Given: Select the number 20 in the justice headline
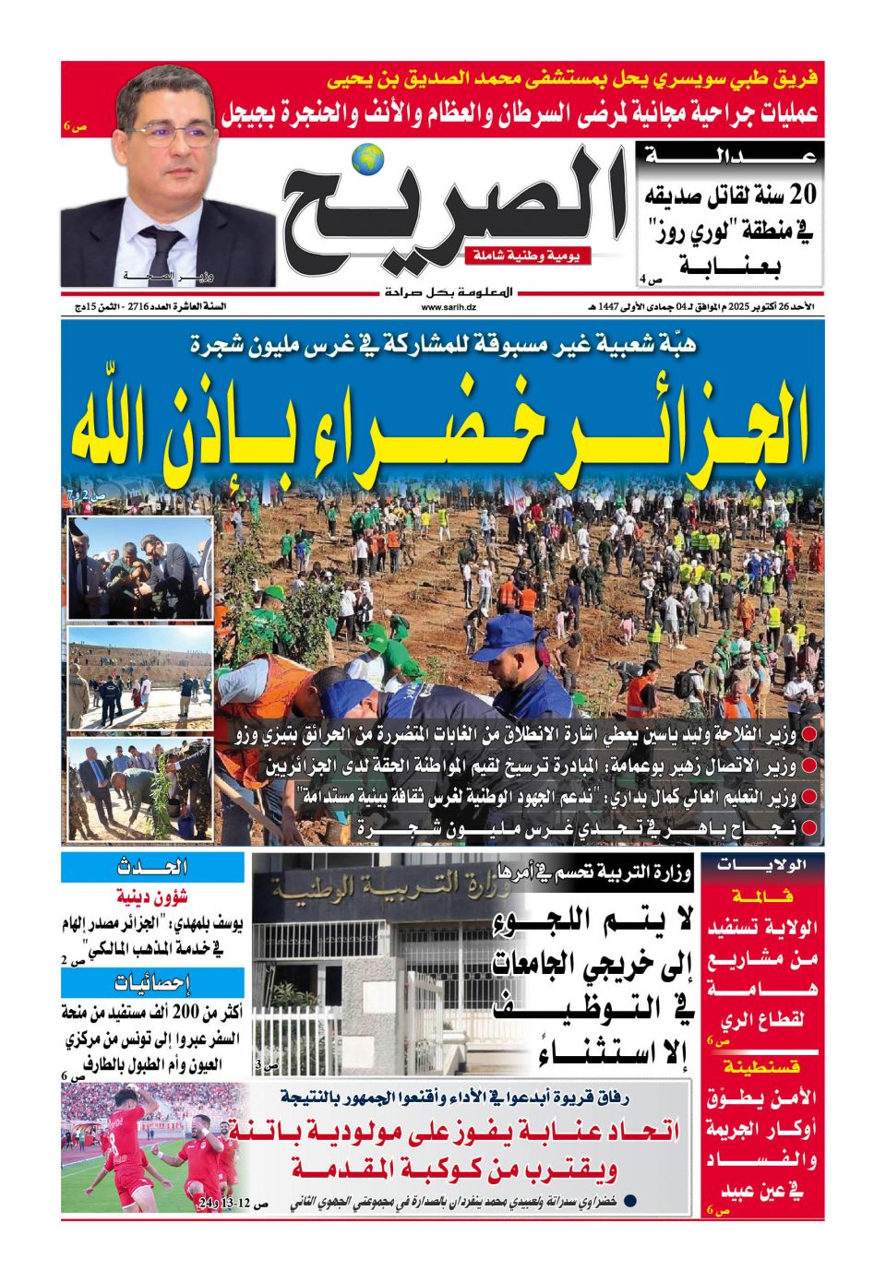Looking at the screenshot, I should click(802, 194).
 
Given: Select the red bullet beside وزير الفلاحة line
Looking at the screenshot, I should click(809, 736).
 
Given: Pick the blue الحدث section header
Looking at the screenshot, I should click(152, 867).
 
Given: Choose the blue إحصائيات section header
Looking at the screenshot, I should click(152, 981).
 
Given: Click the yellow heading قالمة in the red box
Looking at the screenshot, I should click(762, 896).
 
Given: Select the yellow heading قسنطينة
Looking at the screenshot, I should click(762, 1067).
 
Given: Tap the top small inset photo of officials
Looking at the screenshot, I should click(140, 568).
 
